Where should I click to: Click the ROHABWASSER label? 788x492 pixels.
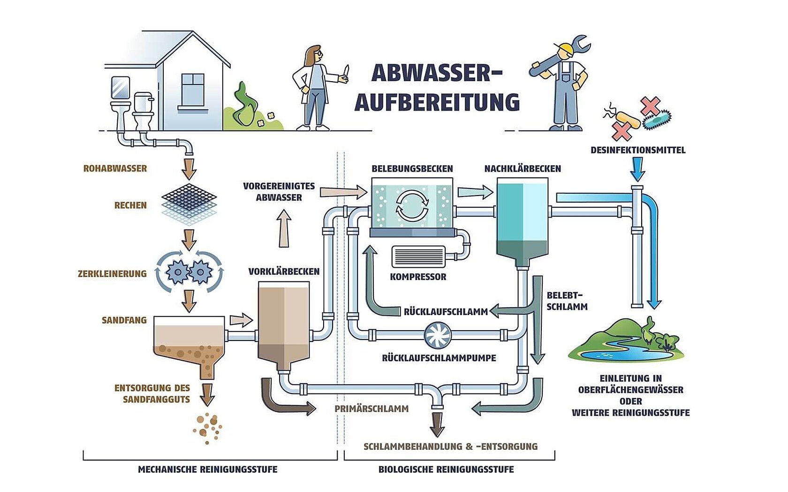tap(115, 168)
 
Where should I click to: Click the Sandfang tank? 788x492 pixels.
tap(189, 340)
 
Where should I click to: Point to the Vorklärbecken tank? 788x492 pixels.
tap(284, 324)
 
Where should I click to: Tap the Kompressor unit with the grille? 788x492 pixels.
tap(418, 257)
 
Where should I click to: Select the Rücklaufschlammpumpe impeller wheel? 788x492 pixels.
tap(438, 335)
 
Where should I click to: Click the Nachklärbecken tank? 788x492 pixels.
tap(522, 220)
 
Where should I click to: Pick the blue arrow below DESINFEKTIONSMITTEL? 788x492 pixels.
tap(637, 169)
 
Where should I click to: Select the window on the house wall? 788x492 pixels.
tap(193, 90)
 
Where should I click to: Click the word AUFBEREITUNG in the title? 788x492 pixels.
tap(437, 102)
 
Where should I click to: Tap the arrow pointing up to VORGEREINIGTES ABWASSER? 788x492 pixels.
tap(284, 228)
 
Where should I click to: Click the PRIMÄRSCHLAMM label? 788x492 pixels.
tap(371, 409)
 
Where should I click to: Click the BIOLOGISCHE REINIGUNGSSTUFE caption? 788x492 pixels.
tap(446, 469)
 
